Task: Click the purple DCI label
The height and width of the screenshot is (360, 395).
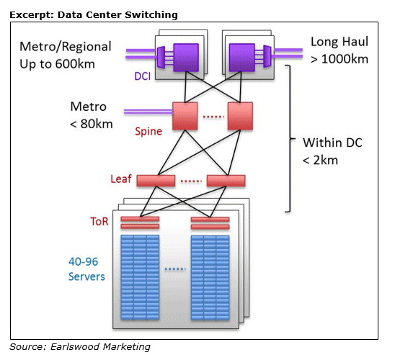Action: pos(142,76)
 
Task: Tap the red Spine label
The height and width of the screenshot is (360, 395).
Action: pos(148,131)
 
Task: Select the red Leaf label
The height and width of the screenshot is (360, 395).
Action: pos(121,179)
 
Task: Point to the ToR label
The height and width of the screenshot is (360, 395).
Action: pos(99,221)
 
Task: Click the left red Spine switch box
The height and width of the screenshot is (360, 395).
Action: pos(185,116)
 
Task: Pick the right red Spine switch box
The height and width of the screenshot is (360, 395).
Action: pos(240,116)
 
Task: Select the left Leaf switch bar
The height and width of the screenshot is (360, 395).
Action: pos(156,181)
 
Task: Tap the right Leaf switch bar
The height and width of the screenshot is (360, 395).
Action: pos(226,181)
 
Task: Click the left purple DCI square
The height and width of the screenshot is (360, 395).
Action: pos(186,58)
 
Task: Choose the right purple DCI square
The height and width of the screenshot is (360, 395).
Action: pos(242,58)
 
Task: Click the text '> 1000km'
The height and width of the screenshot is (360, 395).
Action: pos(339,59)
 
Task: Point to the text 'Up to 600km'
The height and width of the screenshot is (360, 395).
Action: pos(57,64)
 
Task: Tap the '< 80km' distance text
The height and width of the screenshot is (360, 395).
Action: pos(92,124)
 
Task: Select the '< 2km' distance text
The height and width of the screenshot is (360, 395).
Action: pos(320,161)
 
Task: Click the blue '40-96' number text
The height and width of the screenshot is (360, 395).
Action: pos(83,261)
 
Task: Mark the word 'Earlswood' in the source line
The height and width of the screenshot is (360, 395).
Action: pos(75,346)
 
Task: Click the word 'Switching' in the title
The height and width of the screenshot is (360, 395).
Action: pos(151,15)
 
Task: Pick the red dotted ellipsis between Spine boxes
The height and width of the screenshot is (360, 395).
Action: pos(213,117)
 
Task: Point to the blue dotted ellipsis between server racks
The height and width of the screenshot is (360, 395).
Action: pos(175,269)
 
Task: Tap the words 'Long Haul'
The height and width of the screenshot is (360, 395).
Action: pos(339,42)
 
